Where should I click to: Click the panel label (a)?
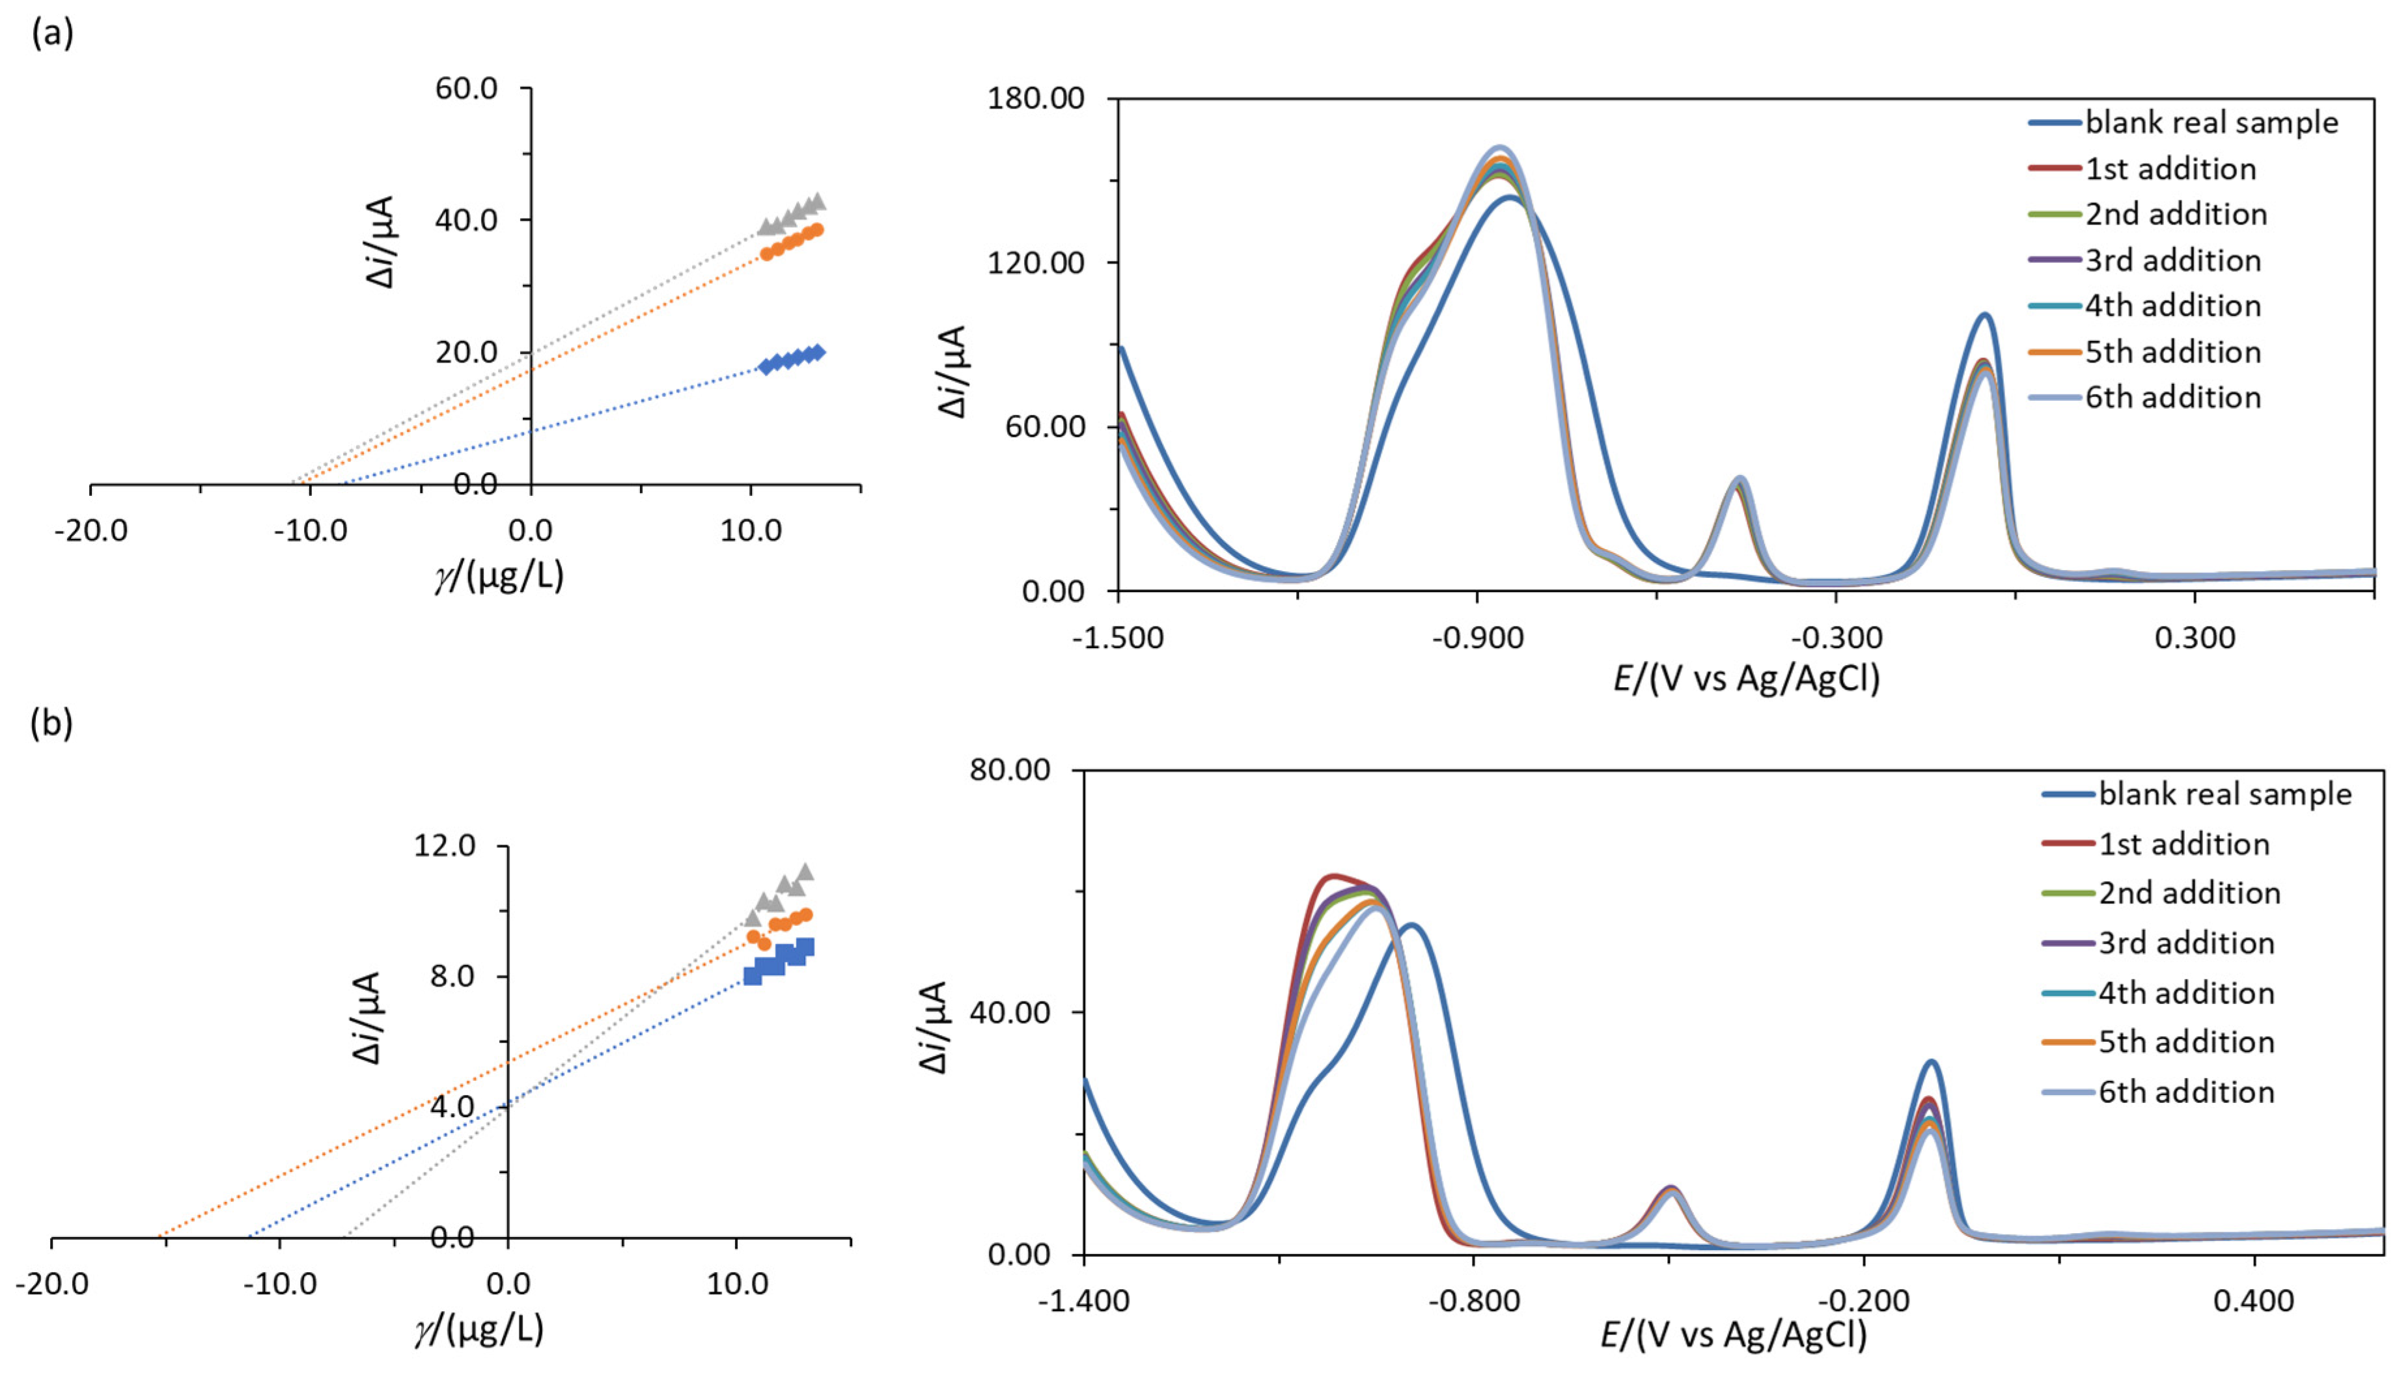(x=52, y=34)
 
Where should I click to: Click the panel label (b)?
(x=52, y=724)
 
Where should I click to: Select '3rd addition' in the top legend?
(x=2172, y=260)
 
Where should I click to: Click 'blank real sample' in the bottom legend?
(x=2225, y=794)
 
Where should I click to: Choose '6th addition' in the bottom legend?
(x=2186, y=1092)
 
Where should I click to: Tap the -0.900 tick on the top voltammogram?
(x=1477, y=638)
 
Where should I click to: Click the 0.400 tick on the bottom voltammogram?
(x=2254, y=1302)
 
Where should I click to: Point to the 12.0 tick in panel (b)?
(x=445, y=845)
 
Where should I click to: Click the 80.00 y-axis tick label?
(x=1010, y=770)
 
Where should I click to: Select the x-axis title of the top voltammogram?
(x=1746, y=678)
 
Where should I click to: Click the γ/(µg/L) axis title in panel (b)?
(x=478, y=1329)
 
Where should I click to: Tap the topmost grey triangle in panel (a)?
(x=817, y=201)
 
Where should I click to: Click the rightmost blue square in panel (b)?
(x=805, y=947)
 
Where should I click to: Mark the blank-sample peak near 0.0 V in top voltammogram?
(x=1985, y=316)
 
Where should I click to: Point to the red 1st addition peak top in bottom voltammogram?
(x=1332, y=876)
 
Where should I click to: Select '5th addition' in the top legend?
(x=2172, y=352)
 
